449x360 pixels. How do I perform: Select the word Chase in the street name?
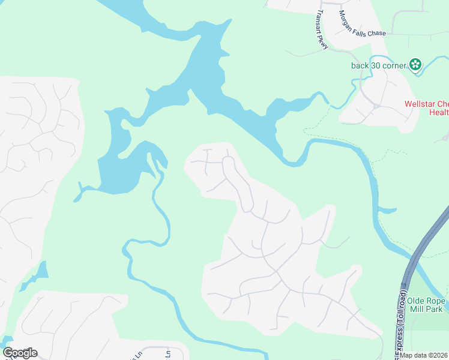[375, 34]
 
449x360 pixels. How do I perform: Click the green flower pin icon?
[415, 65]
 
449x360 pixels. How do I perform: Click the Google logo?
[20, 353]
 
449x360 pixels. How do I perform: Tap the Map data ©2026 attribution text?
[424, 355]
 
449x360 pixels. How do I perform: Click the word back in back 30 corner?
[361, 65]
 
